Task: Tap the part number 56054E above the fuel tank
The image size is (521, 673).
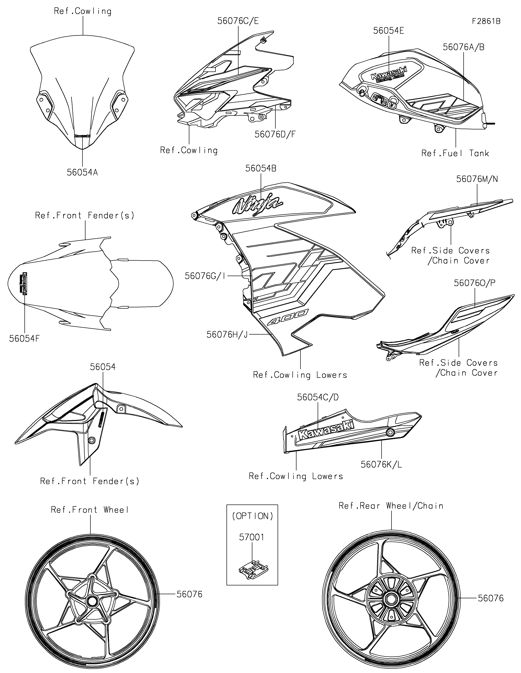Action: (388, 31)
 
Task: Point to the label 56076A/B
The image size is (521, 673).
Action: (463, 47)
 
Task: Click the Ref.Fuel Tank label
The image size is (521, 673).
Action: (455, 153)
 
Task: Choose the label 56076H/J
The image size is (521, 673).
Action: (227, 334)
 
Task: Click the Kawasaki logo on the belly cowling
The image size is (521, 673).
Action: (325, 430)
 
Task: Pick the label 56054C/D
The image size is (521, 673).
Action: (318, 397)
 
